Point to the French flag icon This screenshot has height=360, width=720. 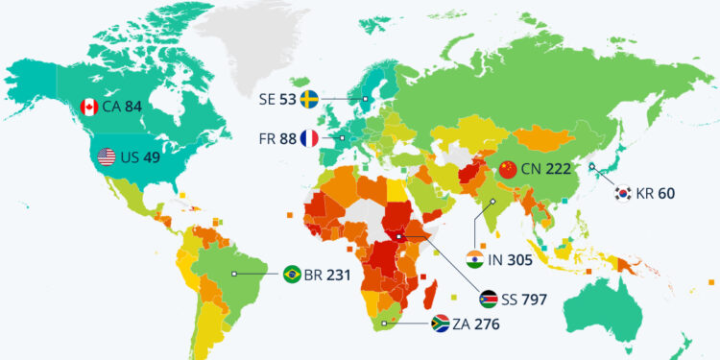click(x=310, y=138)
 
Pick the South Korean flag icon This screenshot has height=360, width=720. click(x=624, y=193)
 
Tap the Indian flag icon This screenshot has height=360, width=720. click(x=474, y=258)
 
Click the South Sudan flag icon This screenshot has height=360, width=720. click(x=488, y=299)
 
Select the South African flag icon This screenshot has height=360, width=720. click(x=442, y=324)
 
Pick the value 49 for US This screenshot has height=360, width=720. click(x=152, y=156)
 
